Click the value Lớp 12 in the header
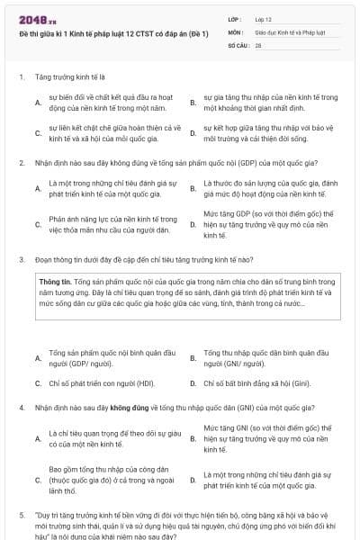pos(263,18)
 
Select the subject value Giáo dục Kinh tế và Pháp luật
pos(289,31)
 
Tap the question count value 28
pos(258,43)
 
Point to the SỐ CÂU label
pos(237,43)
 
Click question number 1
pos(21,77)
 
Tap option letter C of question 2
pos(37,224)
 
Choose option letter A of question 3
pos(37,358)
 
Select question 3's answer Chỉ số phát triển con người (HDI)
pos(92,382)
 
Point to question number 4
pos(21,408)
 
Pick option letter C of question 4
pos(37,480)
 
